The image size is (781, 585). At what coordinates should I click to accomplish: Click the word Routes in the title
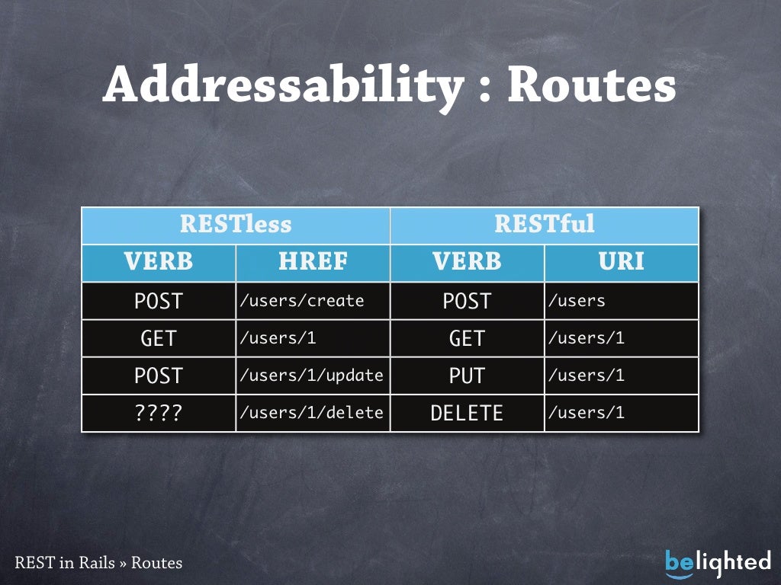click(592, 86)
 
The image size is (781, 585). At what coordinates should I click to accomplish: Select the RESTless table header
click(236, 225)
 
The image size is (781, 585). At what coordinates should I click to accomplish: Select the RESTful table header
click(545, 225)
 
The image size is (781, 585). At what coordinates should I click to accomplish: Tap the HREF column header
click(313, 262)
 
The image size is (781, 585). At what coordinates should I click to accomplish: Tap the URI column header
click(622, 262)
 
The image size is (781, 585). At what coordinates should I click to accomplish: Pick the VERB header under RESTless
click(159, 262)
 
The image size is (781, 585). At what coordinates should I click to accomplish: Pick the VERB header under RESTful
click(467, 262)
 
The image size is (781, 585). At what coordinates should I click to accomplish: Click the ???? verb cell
click(159, 413)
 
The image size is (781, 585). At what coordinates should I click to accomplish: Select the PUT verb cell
click(467, 376)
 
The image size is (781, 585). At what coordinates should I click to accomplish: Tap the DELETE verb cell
click(467, 413)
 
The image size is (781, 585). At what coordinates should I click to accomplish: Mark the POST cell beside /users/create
click(159, 301)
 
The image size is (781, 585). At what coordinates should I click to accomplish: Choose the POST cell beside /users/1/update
click(159, 376)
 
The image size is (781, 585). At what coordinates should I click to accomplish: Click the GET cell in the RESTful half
click(467, 338)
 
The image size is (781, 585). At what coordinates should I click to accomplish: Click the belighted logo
click(718, 562)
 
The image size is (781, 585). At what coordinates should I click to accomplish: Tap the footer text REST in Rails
click(64, 563)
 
